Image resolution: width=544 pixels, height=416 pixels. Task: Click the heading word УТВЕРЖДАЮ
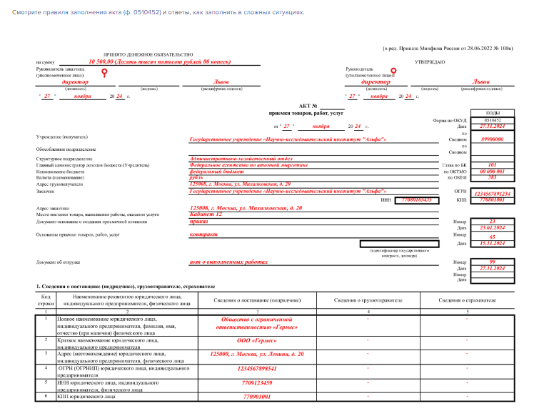[x=430, y=62]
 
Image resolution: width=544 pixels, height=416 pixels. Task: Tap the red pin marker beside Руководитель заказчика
[x=105, y=72]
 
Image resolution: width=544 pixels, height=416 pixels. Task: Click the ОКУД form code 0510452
[x=493, y=120]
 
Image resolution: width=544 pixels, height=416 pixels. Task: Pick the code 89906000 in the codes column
[x=493, y=139]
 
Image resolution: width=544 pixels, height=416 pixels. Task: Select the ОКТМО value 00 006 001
[x=493, y=171]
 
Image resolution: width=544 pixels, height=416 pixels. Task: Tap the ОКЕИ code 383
[x=493, y=177]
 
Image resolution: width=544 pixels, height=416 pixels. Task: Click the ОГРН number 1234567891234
[x=493, y=194]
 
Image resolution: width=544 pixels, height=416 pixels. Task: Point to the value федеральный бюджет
[x=216, y=171]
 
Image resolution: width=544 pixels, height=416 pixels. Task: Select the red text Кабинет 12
[x=206, y=214]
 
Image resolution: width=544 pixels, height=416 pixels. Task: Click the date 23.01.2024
[x=493, y=228]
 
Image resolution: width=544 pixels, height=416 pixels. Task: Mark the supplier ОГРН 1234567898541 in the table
[x=258, y=369]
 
